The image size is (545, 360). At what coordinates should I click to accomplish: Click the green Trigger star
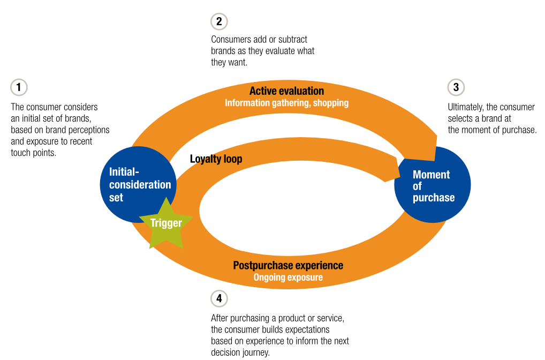click(166, 224)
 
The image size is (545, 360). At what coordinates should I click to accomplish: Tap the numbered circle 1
click(19, 87)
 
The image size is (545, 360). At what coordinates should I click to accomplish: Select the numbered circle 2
click(219, 21)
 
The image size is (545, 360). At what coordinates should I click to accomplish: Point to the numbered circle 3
click(456, 87)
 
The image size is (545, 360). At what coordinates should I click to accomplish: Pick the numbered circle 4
click(219, 298)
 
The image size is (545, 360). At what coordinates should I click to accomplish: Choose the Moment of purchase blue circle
click(433, 185)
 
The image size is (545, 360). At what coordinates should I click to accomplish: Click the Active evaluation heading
click(287, 91)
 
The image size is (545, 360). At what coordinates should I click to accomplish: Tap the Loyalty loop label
click(216, 159)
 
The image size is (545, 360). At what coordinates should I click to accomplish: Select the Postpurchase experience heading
click(288, 265)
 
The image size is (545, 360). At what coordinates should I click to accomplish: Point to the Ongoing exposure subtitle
click(288, 277)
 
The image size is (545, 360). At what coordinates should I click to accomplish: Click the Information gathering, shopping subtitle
click(287, 103)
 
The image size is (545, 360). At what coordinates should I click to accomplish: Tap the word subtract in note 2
click(293, 39)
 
